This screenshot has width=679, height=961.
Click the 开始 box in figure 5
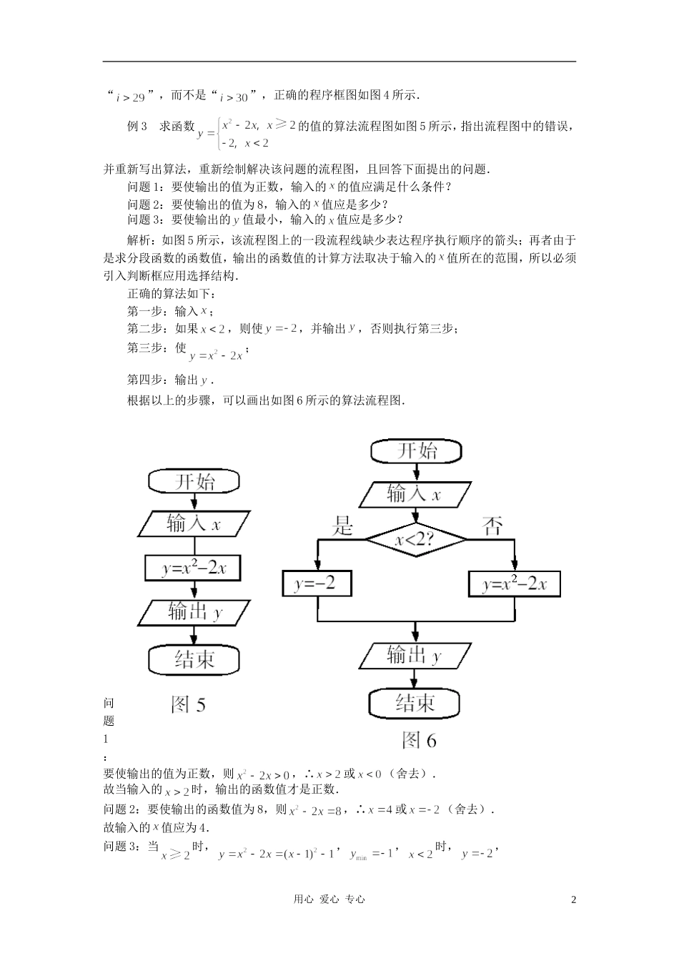[x=194, y=481]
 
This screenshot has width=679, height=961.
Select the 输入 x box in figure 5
[x=194, y=524]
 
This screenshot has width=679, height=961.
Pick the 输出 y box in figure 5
[x=194, y=613]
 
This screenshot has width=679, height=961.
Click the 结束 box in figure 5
[x=194, y=659]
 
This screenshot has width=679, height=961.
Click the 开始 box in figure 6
[x=416, y=451]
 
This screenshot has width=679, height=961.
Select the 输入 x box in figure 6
[x=415, y=494]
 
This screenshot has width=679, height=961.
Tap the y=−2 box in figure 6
[x=317, y=584]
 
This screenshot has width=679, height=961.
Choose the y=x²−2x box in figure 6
[x=514, y=584]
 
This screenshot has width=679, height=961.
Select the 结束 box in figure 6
[x=415, y=704]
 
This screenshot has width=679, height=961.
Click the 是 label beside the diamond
[x=344, y=528]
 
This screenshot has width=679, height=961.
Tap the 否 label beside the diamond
[x=493, y=528]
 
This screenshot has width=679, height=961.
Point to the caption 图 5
[x=189, y=705]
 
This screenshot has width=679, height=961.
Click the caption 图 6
[x=419, y=740]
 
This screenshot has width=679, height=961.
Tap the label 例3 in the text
[x=137, y=127]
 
